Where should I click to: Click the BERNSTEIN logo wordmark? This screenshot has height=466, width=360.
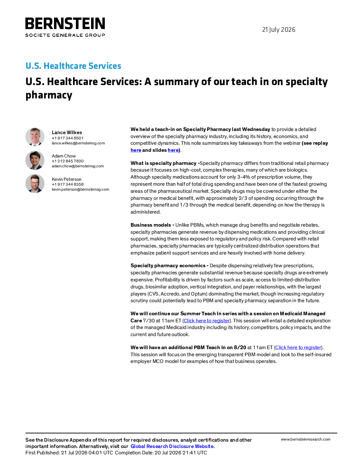click(x=65, y=23)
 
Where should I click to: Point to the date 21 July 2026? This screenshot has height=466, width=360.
click(x=278, y=30)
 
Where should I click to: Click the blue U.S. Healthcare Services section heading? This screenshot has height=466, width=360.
click(x=73, y=66)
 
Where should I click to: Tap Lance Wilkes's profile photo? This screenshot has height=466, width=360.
click(x=35, y=137)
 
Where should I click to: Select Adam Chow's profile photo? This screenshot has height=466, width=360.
click(x=35, y=160)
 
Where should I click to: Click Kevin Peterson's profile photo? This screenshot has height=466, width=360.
click(x=35, y=183)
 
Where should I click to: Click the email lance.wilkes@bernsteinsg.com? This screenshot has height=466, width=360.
click(x=78, y=143)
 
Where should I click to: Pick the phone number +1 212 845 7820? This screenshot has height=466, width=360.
click(x=67, y=161)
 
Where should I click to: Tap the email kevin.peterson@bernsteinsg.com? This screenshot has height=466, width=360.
click(x=80, y=189)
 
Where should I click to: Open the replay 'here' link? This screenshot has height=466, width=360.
click(x=136, y=150)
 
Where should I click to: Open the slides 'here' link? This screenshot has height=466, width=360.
click(x=173, y=150)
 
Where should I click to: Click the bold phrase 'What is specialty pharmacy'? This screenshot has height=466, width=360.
click(x=163, y=163)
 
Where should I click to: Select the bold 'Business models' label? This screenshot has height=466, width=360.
click(x=151, y=225)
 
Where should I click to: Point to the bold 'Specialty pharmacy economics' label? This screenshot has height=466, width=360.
click(x=168, y=265)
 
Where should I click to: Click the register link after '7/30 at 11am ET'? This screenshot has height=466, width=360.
click(x=207, y=321)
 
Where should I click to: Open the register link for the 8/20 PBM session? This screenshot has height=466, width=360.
click(x=298, y=347)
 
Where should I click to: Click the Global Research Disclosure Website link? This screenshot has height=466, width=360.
click(x=172, y=446)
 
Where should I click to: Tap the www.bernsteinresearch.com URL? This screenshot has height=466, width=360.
click(x=306, y=439)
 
